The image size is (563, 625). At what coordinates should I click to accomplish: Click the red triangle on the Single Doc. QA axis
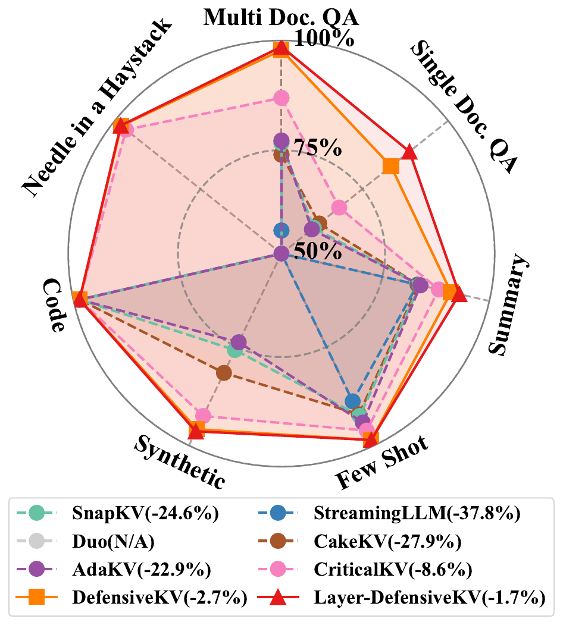pyautogui.click(x=409, y=152)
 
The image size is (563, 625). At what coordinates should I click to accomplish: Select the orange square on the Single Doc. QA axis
pyautogui.click(x=390, y=166)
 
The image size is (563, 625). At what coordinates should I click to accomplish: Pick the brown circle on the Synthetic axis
pyautogui.click(x=224, y=373)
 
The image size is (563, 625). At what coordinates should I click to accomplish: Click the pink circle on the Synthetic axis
pyautogui.click(x=203, y=415)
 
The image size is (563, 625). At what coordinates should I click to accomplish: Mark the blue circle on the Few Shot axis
pyautogui.click(x=353, y=401)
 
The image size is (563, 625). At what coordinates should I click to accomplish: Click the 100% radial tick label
pyautogui.click(x=325, y=40)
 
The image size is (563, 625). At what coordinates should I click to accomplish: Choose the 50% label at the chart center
pyautogui.click(x=319, y=251)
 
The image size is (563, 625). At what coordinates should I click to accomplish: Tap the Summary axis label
pyautogui.click(x=510, y=306)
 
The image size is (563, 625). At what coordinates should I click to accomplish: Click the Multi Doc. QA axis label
pyautogui.click(x=281, y=16)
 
